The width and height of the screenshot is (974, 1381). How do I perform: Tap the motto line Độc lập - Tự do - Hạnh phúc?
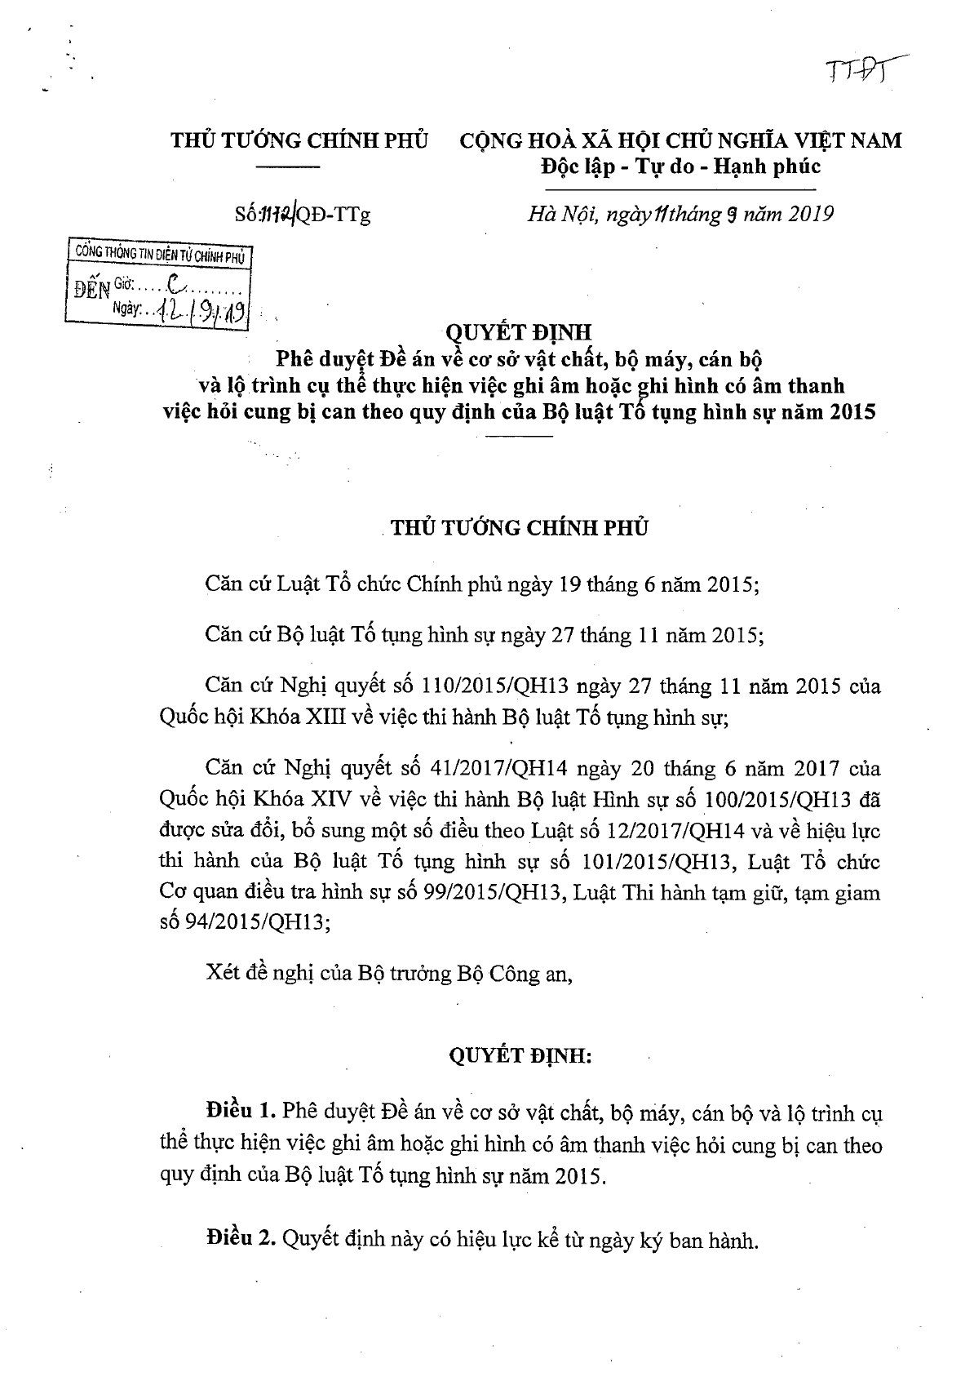pyautogui.click(x=680, y=167)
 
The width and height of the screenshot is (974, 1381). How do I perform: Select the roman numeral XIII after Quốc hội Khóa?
pyautogui.click(x=330, y=718)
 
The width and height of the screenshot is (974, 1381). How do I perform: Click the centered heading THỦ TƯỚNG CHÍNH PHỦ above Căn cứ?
pyautogui.click(x=520, y=527)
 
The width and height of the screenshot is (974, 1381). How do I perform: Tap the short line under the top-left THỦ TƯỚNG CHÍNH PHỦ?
pyautogui.click(x=289, y=167)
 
